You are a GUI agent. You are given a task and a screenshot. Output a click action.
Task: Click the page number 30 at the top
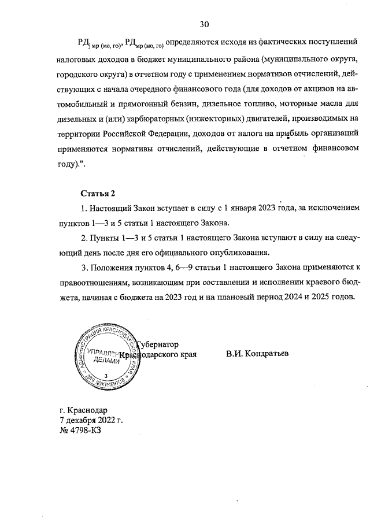click(203, 24)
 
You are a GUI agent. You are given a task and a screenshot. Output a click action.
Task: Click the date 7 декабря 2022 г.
click(91, 420)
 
